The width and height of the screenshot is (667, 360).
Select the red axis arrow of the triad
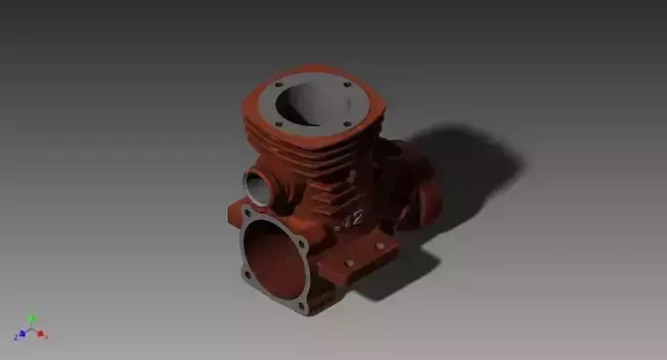coord(42,335)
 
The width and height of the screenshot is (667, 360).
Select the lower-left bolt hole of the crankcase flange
coord(246,272)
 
